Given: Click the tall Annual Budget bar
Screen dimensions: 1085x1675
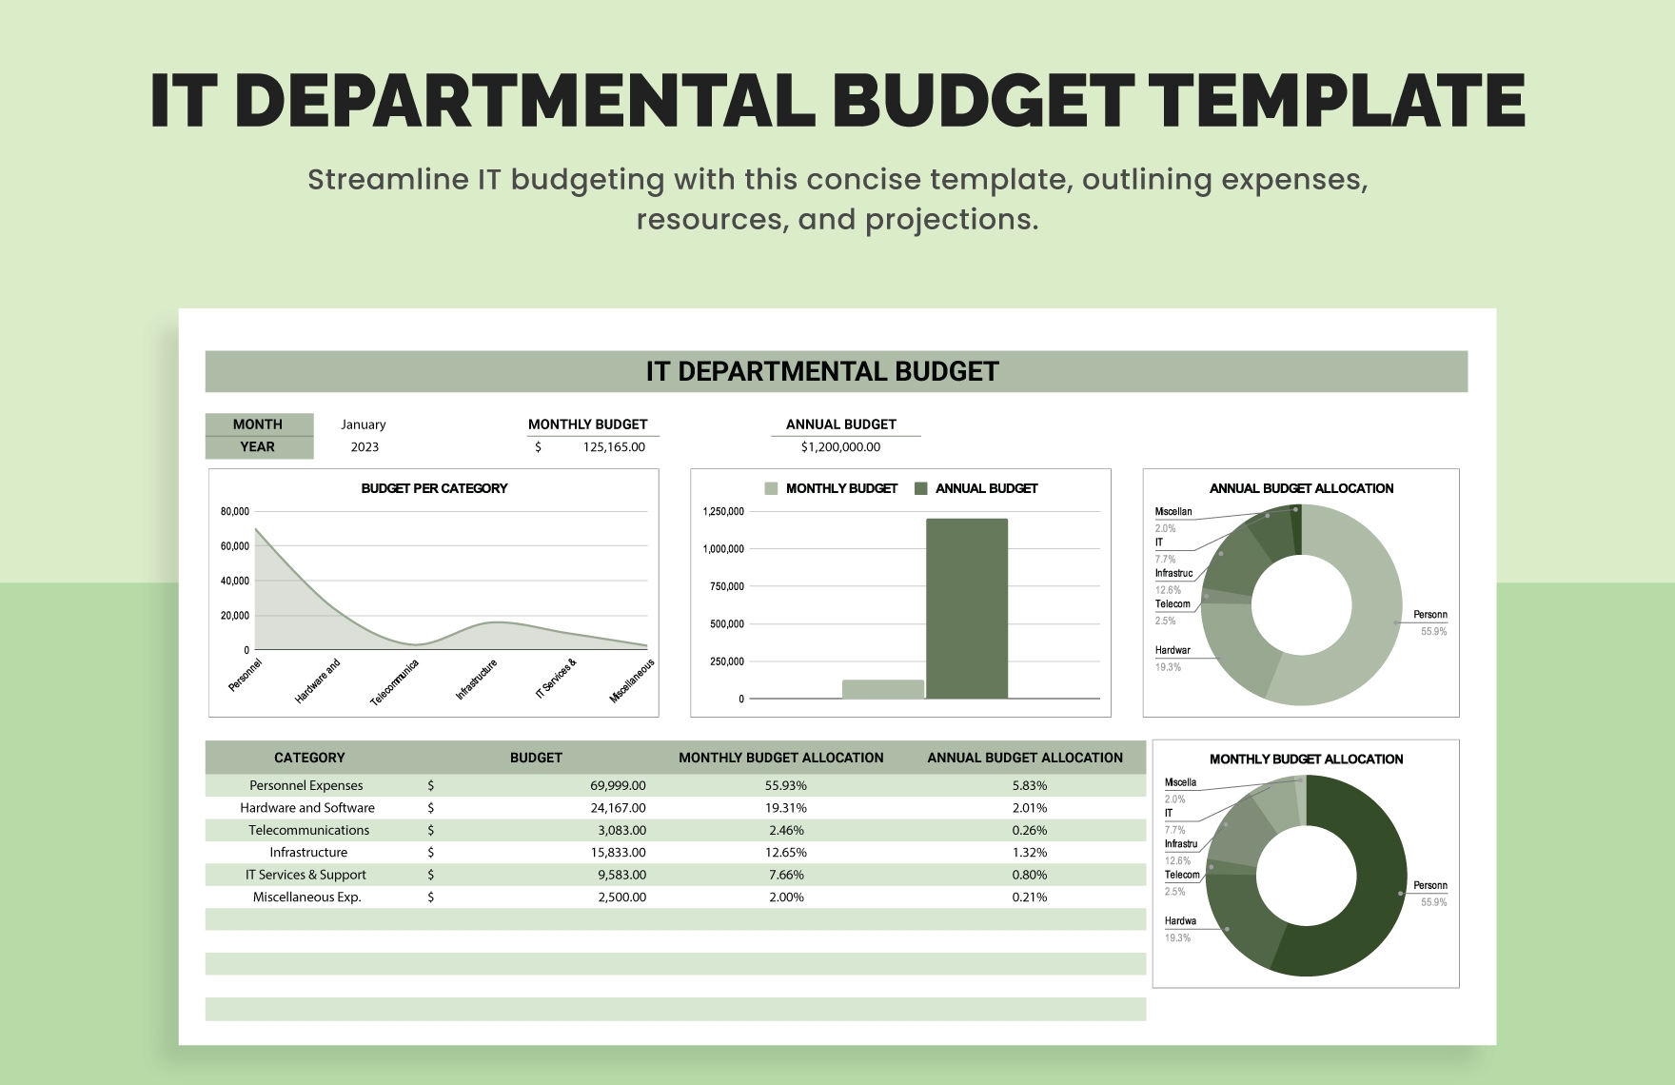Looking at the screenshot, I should point(966,609).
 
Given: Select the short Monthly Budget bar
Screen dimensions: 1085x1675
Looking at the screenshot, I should point(882,689).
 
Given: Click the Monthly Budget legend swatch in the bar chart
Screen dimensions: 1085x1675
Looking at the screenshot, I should point(771,488).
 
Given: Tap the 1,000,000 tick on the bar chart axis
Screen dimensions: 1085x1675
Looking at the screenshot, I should point(723,549).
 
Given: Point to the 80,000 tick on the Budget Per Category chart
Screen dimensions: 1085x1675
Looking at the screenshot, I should point(235,512).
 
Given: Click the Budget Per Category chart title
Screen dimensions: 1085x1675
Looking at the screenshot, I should point(434,488).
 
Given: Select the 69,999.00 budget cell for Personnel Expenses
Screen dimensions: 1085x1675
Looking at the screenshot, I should point(618,786).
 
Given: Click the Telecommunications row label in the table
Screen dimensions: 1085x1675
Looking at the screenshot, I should point(308,831).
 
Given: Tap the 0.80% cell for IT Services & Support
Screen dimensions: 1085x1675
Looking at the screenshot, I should point(1029,876).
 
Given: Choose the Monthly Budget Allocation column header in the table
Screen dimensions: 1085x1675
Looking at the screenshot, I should point(780,759).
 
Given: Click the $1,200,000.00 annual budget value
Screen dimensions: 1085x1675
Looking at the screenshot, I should point(840,447).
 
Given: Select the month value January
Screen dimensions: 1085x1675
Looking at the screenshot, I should point(363,424).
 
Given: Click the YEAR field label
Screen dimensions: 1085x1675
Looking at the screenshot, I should point(257,447).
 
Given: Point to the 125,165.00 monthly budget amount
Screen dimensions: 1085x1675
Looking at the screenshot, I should point(614,447).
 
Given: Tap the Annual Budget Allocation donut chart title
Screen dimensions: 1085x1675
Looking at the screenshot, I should point(1301,488).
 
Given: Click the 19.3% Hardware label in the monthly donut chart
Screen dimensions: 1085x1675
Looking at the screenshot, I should point(1178,930).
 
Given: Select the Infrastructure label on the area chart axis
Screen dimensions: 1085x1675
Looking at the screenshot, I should point(477,679).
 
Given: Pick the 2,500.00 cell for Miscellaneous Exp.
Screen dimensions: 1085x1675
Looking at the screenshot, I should point(621,898).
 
